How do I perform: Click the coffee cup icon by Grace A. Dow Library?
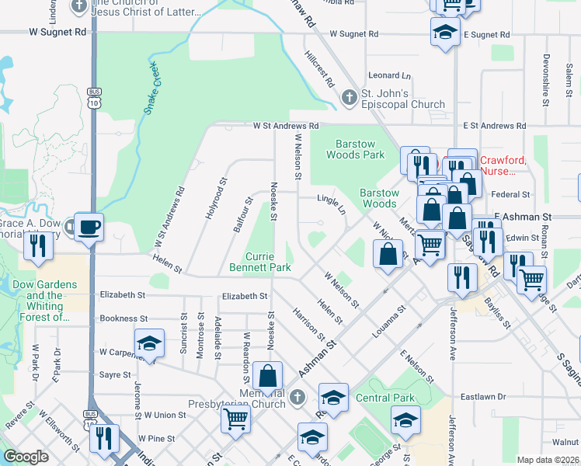(x=90, y=226)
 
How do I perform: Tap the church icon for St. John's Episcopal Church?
(x=350, y=97)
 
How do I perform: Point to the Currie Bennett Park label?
(x=259, y=262)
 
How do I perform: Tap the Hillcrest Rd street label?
(x=319, y=69)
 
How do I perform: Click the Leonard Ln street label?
(x=389, y=75)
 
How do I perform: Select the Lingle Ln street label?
(x=332, y=203)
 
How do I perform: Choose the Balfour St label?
(x=243, y=215)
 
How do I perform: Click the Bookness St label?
(x=124, y=318)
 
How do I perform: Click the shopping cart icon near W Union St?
(x=235, y=419)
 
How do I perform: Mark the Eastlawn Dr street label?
(x=485, y=396)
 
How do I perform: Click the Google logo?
(x=26, y=457)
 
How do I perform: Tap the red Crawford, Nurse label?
(x=503, y=165)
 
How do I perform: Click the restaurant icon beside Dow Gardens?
(x=37, y=246)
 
